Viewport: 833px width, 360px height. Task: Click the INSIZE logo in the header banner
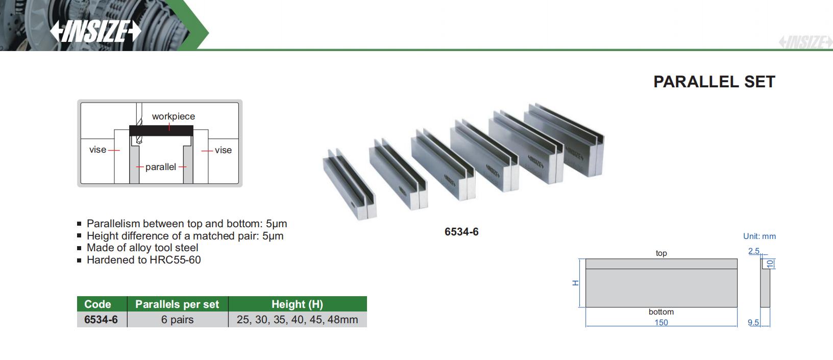pyautogui.click(x=95, y=31)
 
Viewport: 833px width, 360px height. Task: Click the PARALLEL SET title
pyautogui.click(x=714, y=82)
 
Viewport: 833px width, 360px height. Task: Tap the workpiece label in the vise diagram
pyautogui.click(x=174, y=116)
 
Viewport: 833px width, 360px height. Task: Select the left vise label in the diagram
pyautogui.click(x=97, y=150)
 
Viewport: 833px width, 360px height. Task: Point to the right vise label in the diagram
pyautogui.click(x=223, y=150)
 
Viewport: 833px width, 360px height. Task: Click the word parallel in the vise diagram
pyautogui.click(x=161, y=167)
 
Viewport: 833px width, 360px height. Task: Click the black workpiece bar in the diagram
pyautogui.click(x=161, y=131)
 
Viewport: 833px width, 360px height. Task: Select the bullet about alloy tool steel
pyautogui.click(x=142, y=248)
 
